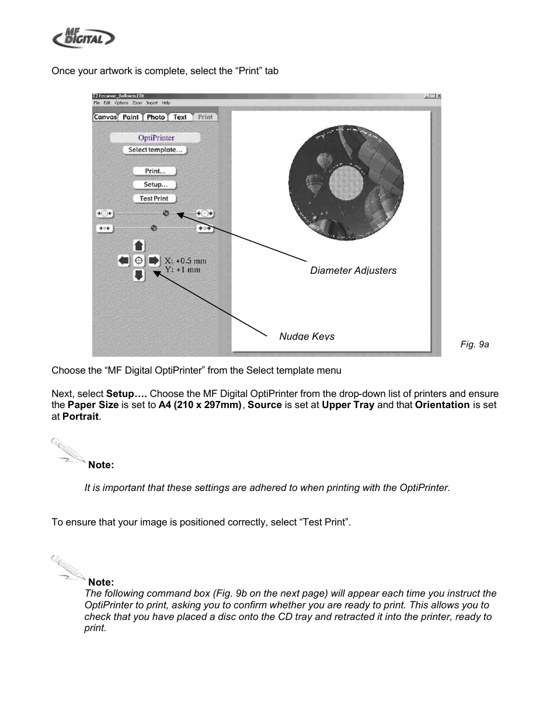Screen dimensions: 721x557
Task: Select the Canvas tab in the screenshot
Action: click(x=106, y=117)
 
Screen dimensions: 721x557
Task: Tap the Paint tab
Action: click(x=131, y=117)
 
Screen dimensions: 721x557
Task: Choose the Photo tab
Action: click(x=156, y=117)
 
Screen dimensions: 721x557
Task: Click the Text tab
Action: click(x=180, y=117)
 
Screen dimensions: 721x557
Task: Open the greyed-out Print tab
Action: click(x=206, y=117)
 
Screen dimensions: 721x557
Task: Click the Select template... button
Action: click(x=155, y=150)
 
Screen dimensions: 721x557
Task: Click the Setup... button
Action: click(x=155, y=184)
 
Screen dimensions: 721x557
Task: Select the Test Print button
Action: click(x=154, y=198)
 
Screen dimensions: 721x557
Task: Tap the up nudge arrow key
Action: click(x=139, y=246)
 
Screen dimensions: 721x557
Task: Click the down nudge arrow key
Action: click(x=139, y=275)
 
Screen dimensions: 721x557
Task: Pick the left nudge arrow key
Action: click(x=124, y=260)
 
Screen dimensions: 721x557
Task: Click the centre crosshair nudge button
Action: click(x=139, y=260)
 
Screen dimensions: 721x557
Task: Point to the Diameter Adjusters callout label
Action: click(x=353, y=270)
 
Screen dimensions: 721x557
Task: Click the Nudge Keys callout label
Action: click(x=307, y=336)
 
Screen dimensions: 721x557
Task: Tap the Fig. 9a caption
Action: click(x=475, y=344)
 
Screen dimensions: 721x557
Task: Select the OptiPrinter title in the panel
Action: click(x=156, y=138)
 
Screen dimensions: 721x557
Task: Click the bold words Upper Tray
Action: click(x=348, y=405)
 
